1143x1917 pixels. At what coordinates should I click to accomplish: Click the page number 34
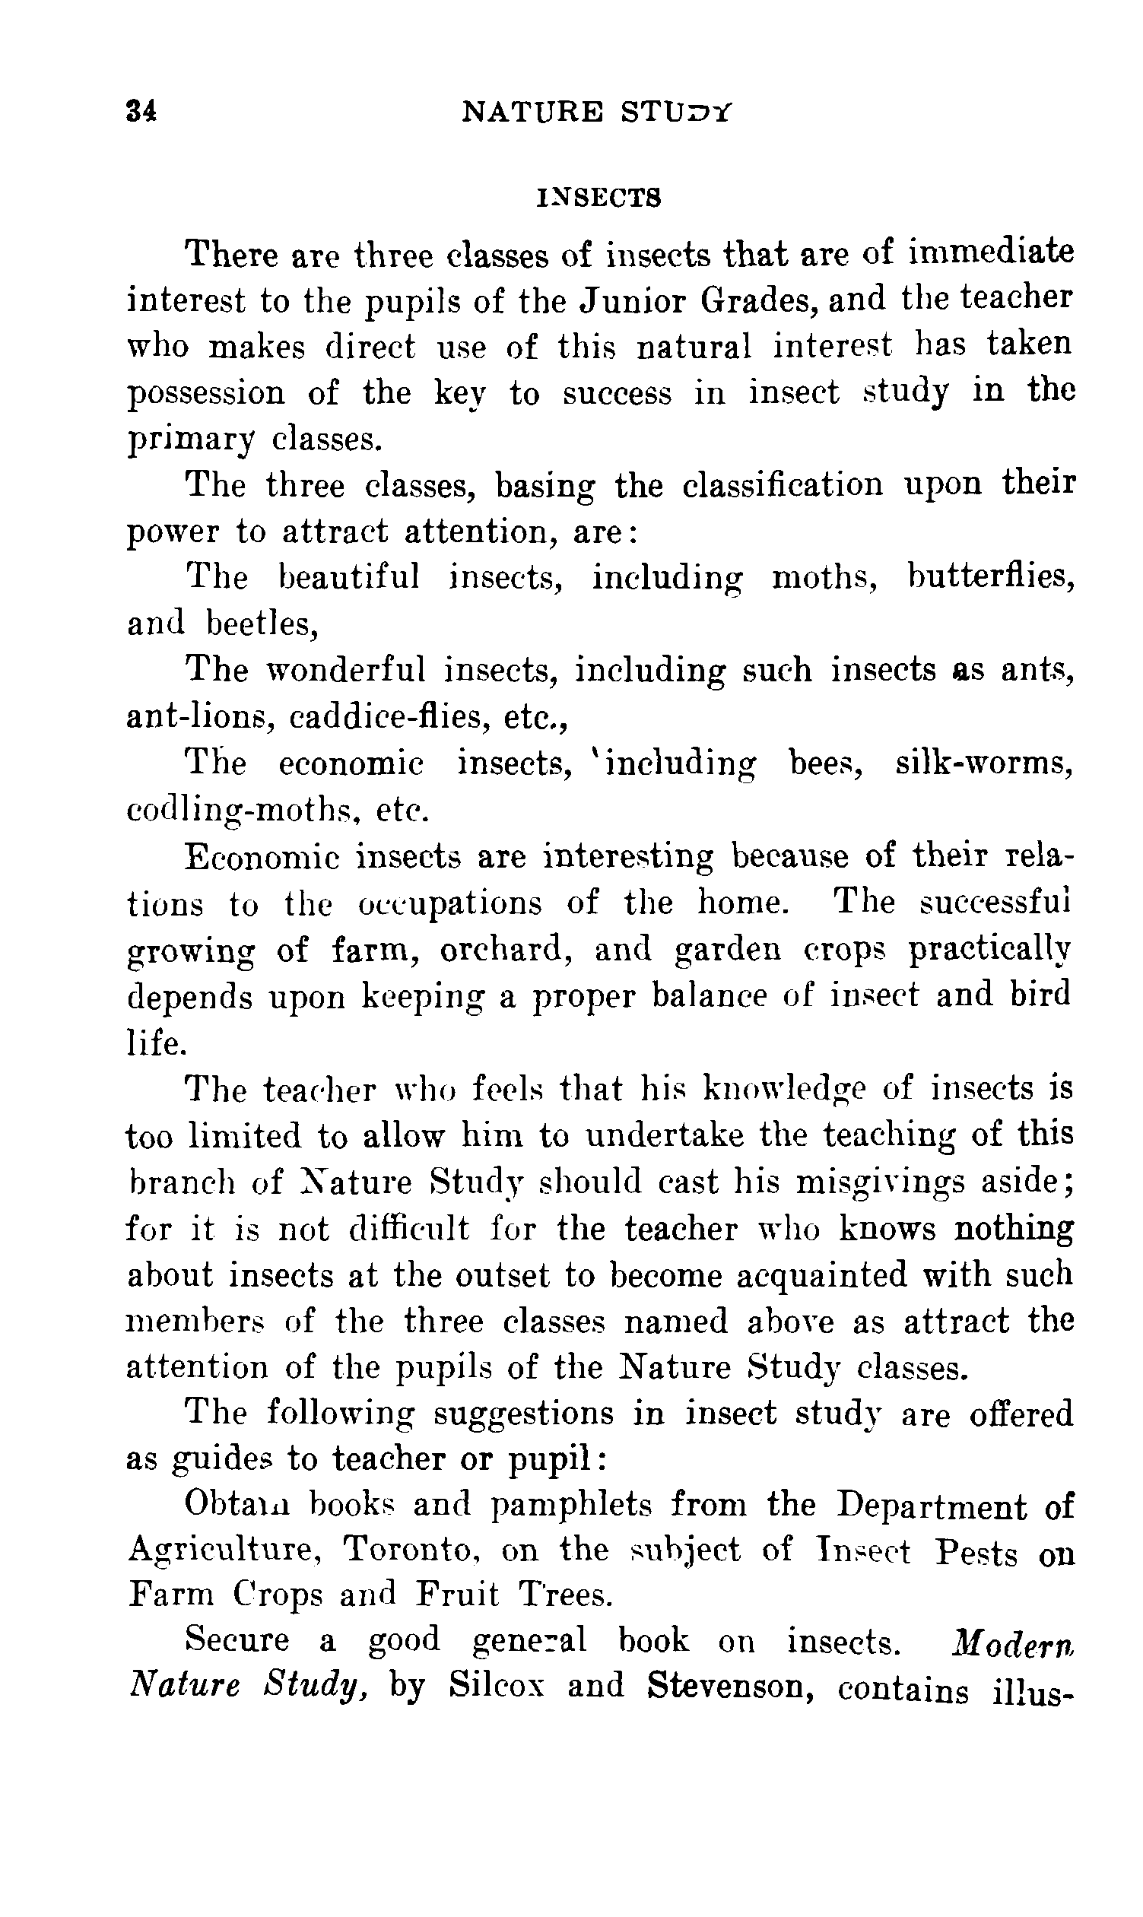click(141, 113)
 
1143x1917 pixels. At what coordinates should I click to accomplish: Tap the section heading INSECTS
click(598, 198)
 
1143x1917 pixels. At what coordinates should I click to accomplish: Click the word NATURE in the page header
click(532, 113)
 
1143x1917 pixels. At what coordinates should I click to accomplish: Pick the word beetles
click(262, 623)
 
